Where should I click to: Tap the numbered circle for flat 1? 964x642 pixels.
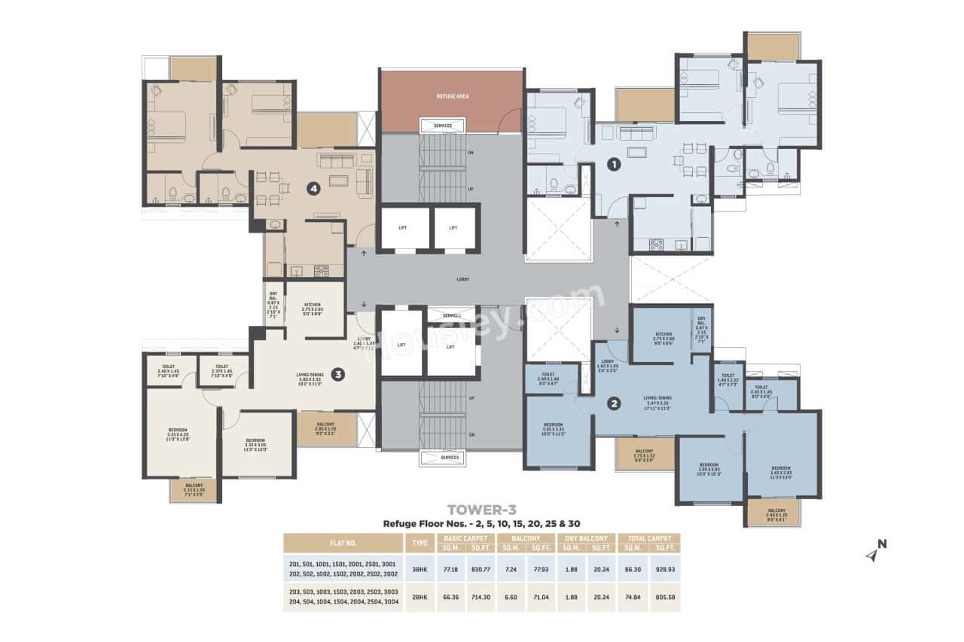point(614,163)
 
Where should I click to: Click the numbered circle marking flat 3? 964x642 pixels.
point(338,373)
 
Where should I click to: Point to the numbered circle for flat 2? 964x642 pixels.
point(615,403)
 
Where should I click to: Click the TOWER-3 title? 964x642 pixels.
point(481,510)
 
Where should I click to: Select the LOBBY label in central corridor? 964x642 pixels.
point(462,279)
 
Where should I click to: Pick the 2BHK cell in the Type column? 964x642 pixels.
point(419,597)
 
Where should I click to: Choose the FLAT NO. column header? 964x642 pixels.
point(343,543)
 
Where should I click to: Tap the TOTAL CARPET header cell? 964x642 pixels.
point(648,538)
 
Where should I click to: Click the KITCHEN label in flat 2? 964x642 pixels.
point(663,334)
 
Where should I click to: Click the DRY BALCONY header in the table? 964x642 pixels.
point(587,538)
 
